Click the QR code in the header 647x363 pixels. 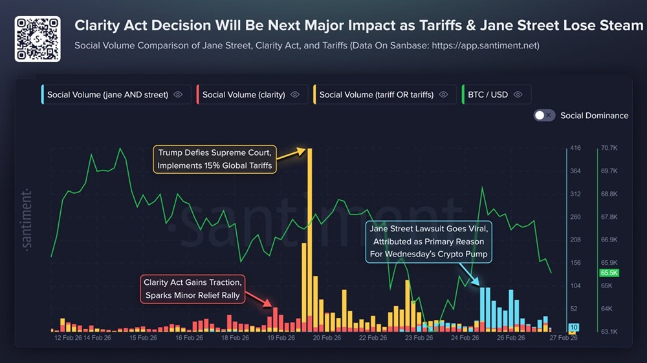[x=38, y=39]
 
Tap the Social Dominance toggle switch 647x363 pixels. [x=544, y=116]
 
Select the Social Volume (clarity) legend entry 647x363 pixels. [x=243, y=94]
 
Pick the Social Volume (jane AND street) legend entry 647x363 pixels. [x=107, y=94]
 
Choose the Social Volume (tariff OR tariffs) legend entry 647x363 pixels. [x=376, y=94]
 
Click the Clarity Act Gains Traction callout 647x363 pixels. [x=192, y=289]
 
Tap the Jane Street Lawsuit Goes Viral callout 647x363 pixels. [x=428, y=241]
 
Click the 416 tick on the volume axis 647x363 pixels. [x=575, y=149]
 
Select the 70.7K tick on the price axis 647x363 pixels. [x=609, y=149]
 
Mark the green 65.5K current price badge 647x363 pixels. [x=609, y=273]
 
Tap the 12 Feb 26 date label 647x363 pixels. [x=68, y=337]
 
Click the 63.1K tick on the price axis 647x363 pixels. [x=609, y=332]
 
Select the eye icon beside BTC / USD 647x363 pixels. [x=518, y=94]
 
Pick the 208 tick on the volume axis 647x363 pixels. [x=575, y=240]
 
